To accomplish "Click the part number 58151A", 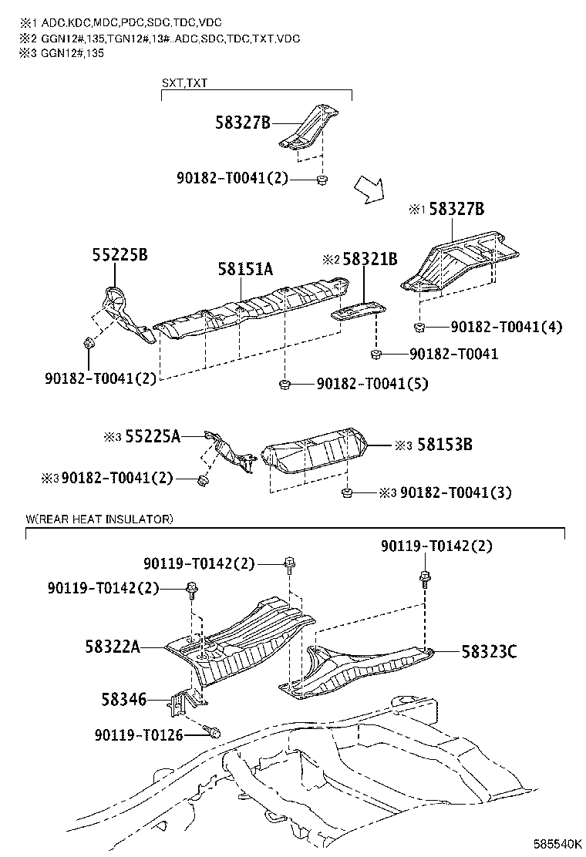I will click(245, 269).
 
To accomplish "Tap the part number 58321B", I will click(369, 260).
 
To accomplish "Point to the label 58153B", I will click(444, 445).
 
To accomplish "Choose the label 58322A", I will click(112, 647).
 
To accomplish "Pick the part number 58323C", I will click(489, 652).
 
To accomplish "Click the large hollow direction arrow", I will click(368, 189).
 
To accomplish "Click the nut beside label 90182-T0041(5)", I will click(284, 383).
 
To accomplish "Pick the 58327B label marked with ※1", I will click(456, 209).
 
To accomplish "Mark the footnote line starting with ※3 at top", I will click(62, 52).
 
